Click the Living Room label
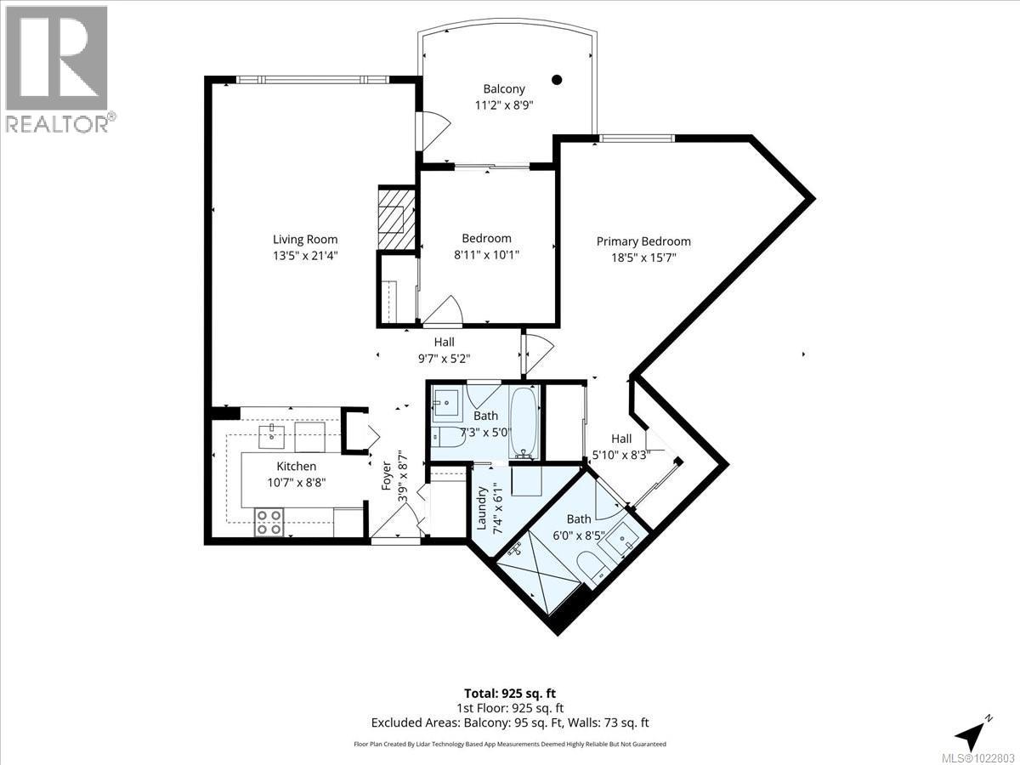click(305, 239)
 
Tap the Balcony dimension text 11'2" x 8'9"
click(504, 105)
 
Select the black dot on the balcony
click(557, 80)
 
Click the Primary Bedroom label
click(643, 241)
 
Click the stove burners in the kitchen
click(269, 521)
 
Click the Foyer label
click(385, 476)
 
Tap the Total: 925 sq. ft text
click(510, 694)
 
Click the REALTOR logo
click(56, 68)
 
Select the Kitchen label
click(296, 466)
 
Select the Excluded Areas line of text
click(510, 723)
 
